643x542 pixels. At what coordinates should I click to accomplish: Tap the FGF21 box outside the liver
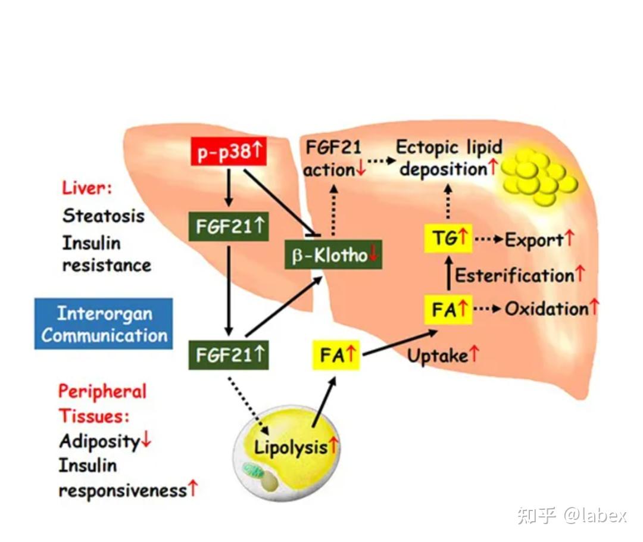tap(229, 356)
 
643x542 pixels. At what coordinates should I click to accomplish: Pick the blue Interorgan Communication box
tap(104, 324)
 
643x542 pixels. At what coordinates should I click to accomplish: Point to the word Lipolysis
tap(291, 447)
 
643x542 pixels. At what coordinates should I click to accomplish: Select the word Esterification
tap(514, 275)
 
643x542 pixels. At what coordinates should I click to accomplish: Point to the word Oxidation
tap(546, 309)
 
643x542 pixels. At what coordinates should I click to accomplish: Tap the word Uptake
tap(437, 356)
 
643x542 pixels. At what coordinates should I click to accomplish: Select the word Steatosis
tap(103, 215)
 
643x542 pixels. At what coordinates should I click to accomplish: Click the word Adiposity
tap(99, 441)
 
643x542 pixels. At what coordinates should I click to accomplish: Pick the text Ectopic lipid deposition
tap(450, 158)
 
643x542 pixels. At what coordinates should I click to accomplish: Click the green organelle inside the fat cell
tap(252, 473)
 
